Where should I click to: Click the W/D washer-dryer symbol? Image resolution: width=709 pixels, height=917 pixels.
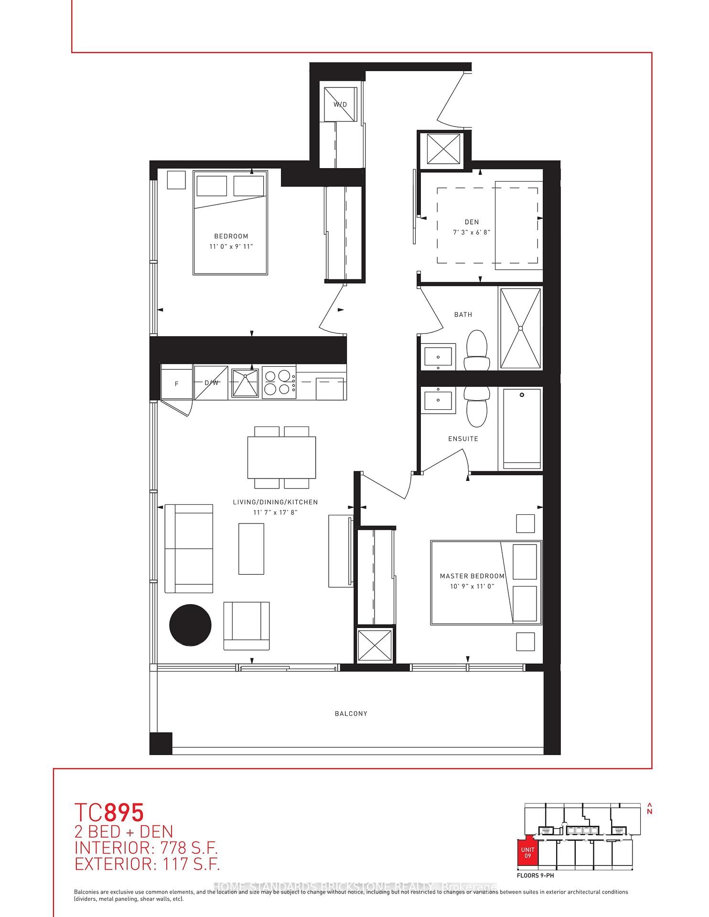tap(340, 105)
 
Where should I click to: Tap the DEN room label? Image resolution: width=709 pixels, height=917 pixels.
tap(472, 222)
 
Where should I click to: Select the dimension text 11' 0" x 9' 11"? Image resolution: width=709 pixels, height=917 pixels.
tap(231, 246)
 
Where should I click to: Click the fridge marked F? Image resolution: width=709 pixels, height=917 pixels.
tap(176, 383)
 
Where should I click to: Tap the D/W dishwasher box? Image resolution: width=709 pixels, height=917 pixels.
tap(211, 383)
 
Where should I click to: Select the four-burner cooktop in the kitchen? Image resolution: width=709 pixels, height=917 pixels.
tap(278, 383)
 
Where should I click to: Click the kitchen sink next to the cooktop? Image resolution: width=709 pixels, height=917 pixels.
tap(245, 383)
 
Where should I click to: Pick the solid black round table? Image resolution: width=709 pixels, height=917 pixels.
tap(190, 625)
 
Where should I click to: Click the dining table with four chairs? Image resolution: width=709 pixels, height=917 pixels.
tap(281, 458)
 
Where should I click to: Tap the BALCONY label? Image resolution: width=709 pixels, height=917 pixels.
tap(351, 714)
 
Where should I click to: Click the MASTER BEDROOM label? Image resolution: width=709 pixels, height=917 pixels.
tap(472, 576)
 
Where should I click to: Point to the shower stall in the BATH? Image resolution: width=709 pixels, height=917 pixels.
tap(520, 328)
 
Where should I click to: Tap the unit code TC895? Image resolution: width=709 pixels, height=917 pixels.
tap(109, 812)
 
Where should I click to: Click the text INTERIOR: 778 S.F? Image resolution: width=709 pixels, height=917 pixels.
tap(146, 848)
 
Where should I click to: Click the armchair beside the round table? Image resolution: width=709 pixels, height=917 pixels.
tap(247, 625)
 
